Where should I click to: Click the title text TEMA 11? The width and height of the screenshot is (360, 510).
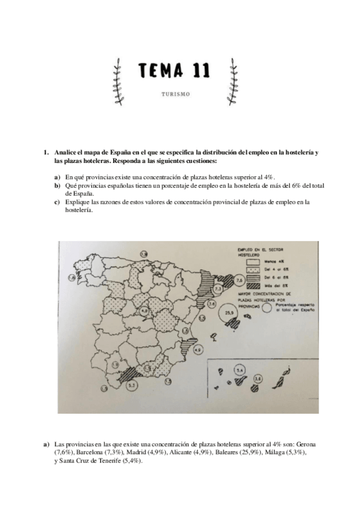click(x=174, y=71)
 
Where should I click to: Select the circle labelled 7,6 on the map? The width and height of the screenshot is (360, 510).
click(x=239, y=280)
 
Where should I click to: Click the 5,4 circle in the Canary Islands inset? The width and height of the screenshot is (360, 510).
click(x=240, y=370)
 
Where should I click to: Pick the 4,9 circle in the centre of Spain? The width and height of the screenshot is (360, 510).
click(x=145, y=310)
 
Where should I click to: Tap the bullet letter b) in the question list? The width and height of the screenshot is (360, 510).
click(x=57, y=186)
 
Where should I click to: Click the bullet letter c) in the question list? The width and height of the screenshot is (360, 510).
click(x=57, y=202)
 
